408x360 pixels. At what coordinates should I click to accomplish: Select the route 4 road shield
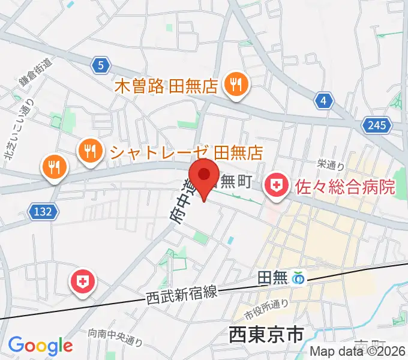(323, 101)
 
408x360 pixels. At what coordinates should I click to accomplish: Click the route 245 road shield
(376, 125)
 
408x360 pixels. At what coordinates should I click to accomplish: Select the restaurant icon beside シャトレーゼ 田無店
(90, 151)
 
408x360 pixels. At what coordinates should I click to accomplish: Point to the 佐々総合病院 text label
(345, 186)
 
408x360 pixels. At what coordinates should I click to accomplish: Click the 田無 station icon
(298, 278)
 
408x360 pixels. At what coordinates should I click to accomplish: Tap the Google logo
(40, 346)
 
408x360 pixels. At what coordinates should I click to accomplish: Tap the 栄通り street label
(330, 164)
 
